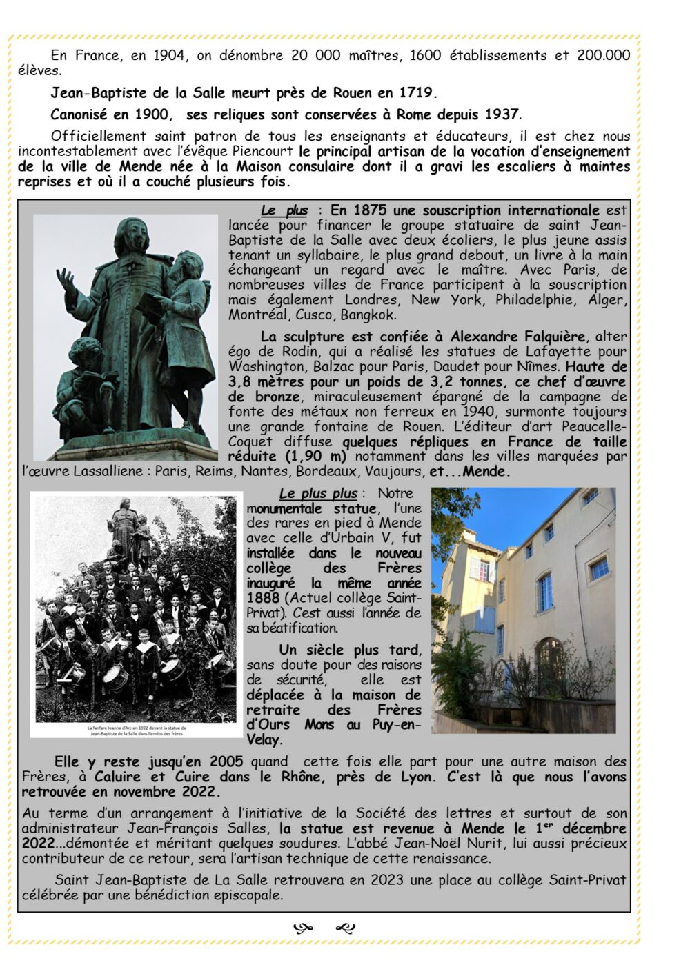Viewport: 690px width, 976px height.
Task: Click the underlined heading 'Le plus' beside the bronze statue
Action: pos(284,210)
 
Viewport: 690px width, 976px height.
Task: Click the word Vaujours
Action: pos(397,472)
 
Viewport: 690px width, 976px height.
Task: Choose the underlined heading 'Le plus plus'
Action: pos(318,494)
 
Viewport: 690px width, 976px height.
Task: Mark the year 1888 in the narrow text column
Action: pos(263,598)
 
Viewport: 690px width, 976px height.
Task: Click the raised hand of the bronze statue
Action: pos(66,279)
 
